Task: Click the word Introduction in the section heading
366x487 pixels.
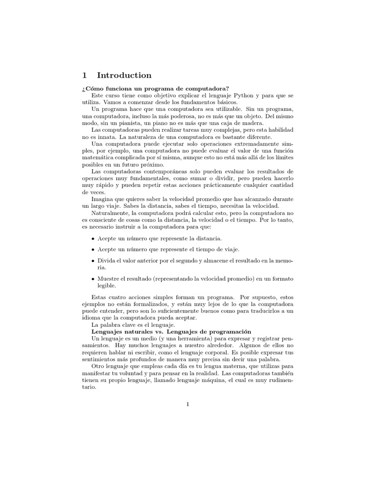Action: pyautogui.click(x=124, y=75)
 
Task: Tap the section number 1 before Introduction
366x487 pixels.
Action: pyautogui.click(x=84, y=75)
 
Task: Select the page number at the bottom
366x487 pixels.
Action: pyautogui.click(x=188, y=405)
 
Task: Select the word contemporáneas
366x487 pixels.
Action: pyautogui.click(x=157, y=171)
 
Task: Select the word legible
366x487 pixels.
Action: pyautogui.click(x=107, y=286)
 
